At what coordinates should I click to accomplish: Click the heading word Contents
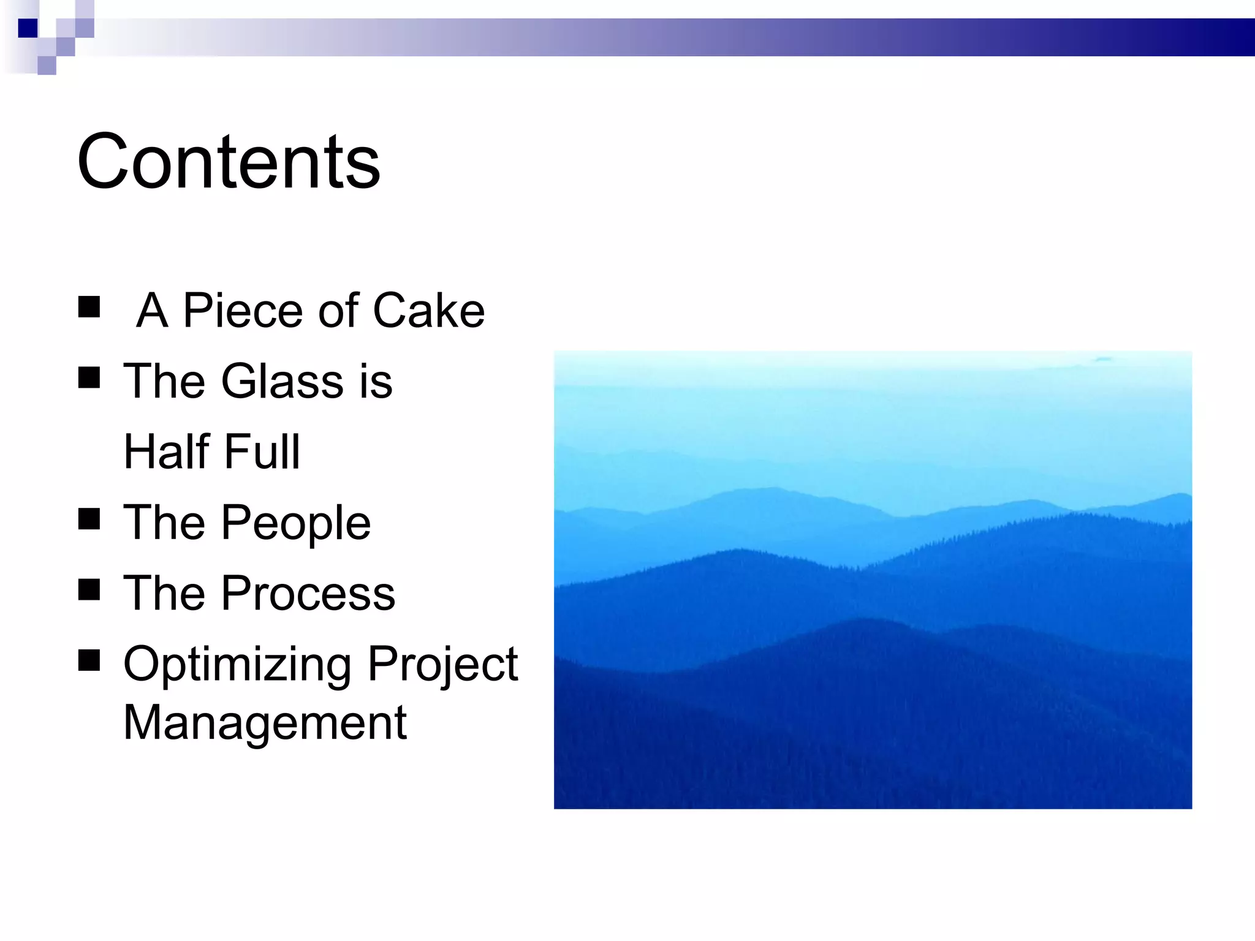coord(228,162)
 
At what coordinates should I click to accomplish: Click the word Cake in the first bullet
coord(428,311)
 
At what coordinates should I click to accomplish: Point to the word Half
coord(167,452)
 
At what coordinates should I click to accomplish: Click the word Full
coord(262,452)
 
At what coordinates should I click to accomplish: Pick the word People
coord(296,524)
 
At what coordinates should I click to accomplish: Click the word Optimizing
coord(237,665)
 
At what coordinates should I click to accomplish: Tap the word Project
coord(442,665)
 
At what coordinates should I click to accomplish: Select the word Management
coord(265,723)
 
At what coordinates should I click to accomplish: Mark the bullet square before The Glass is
coord(89,378)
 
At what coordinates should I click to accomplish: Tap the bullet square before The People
coord(89,520)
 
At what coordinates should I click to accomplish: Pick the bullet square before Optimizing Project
coord(89,660)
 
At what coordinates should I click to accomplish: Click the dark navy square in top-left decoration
coord(28,28)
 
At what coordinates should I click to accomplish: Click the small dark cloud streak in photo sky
coord(1103,359)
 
